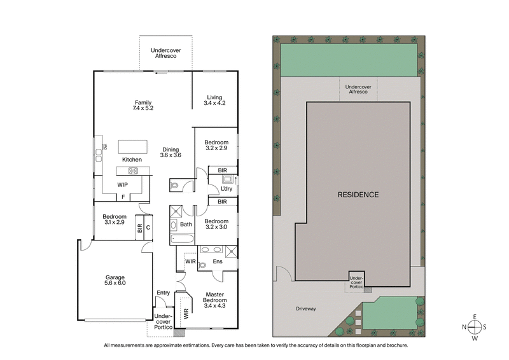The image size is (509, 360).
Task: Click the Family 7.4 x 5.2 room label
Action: (x=144, y=105)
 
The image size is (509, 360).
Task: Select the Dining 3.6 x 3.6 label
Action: (x=171, y=151)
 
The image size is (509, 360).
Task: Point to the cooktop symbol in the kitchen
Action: (x=133, y=170)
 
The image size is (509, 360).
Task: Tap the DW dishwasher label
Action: (x=105, y=148)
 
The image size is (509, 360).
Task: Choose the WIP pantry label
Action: (x=123, y=185)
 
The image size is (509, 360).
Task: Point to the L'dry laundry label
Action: (x=227, y=189)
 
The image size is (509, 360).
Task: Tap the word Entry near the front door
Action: (x=163, y=293)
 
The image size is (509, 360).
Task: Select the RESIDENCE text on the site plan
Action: (x=358, y=195)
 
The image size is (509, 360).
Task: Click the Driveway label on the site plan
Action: (x=306, y=309)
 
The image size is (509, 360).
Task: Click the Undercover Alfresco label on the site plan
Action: (x=356, y=90)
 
